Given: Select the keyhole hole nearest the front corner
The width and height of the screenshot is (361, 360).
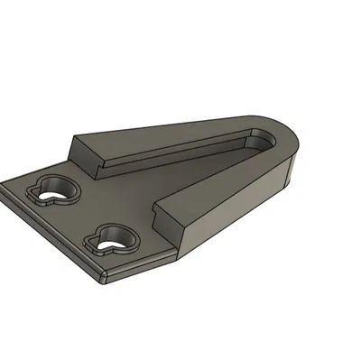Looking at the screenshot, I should click(112, 237).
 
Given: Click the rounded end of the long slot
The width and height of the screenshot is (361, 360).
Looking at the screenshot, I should click(264, 136).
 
